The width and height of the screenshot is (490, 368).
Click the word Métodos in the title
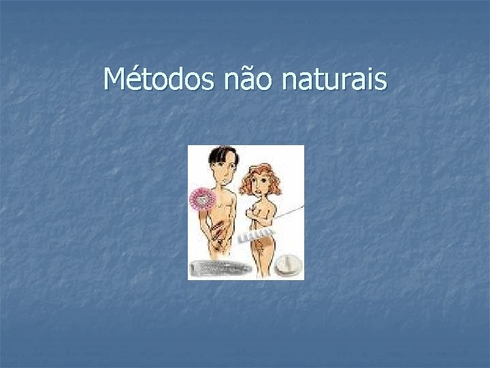(159, 80)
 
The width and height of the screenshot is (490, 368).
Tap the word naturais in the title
(333, 80)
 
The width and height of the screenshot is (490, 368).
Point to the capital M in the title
(114, 80)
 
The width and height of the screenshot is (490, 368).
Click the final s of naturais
(381, 82)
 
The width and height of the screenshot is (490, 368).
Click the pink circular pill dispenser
(203, 199)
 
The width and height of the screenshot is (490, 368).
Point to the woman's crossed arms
(263, 213)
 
